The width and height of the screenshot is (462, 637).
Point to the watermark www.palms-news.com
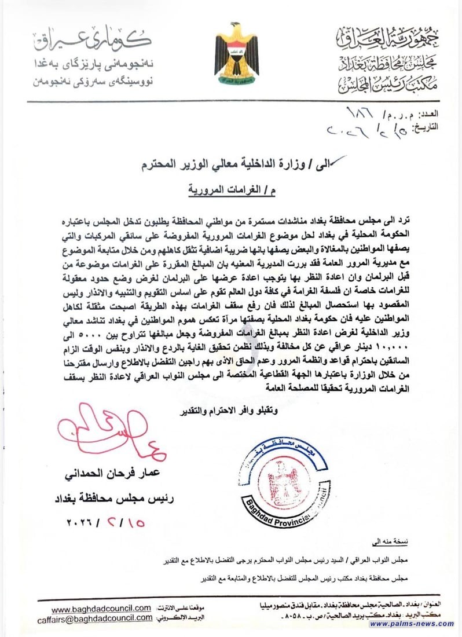coord(412,624)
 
